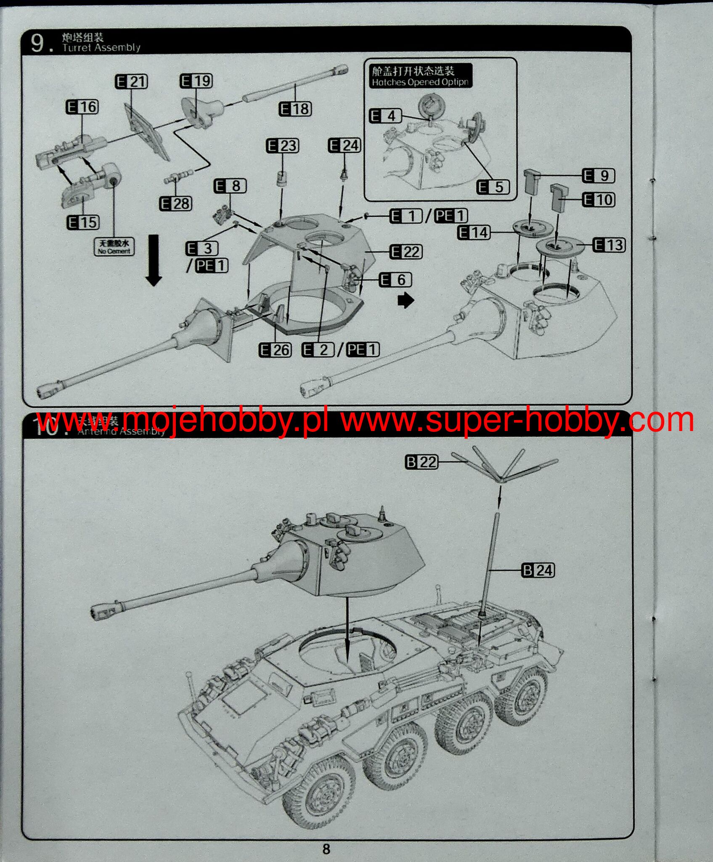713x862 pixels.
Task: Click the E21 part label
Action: tap(131, 81)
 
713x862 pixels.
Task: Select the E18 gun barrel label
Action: tap(295, 109)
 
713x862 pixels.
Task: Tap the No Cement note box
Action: tap(114, 247)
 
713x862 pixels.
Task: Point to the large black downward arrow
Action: tap(154, 261)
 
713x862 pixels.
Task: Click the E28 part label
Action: tap(176, 204)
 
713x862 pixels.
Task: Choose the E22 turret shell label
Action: tap(406, 252)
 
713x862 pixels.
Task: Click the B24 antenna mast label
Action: tap(538, 570)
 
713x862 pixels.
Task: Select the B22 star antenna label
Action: tap(421, 462)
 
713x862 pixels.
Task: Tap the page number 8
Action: tap(326, 849)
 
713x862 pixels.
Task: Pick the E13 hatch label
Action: tap(609, 245)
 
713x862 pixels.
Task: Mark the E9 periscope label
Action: tap(599, 176)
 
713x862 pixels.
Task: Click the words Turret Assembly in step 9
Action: tap(101, 48)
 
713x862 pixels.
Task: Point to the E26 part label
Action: tap(275, 350)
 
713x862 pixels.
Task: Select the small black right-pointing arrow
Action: tap(406, 301)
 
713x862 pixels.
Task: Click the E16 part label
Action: tap(82, 107)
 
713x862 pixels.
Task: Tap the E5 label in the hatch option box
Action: tap(493, 187)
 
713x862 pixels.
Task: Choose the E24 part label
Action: tap(344, 146)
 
